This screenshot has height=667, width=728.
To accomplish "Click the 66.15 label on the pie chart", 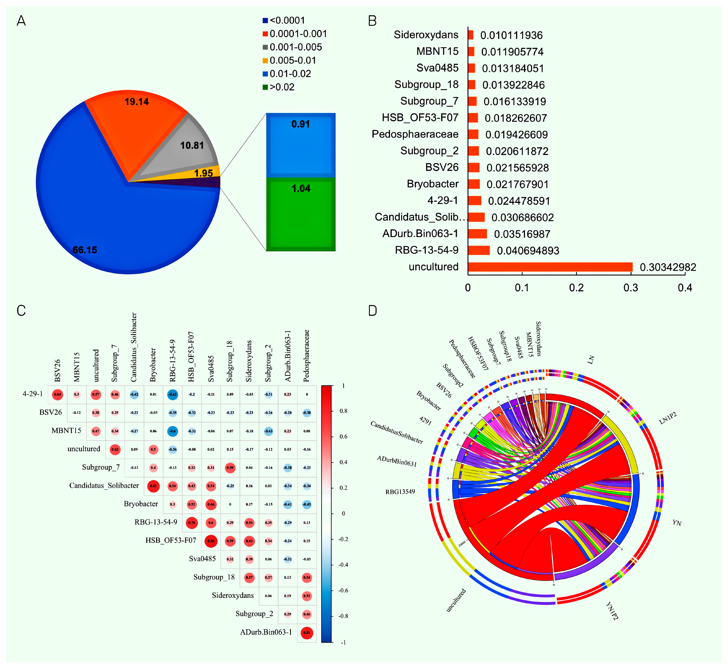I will coord(85,250).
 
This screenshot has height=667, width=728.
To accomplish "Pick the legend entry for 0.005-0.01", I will coord(292,60).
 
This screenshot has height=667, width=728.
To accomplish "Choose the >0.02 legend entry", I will coord(282,87).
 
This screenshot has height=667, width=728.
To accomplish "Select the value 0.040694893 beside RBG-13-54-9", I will coord(528,251).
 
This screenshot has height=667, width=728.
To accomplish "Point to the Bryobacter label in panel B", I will coord(433,184).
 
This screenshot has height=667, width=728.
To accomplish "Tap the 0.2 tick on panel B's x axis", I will coord(576,288).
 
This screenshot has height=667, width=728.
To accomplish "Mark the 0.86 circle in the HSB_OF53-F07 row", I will coord(211,541).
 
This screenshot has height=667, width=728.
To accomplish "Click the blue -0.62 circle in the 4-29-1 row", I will coord(173,394).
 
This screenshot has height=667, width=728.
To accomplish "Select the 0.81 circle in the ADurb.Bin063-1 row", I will coord(307,633).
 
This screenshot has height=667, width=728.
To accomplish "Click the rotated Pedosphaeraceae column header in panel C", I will coord(307,355).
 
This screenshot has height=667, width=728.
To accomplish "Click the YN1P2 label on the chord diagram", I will coord(612,611).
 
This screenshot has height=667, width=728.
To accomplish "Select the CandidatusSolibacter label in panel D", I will coord(396,432).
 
